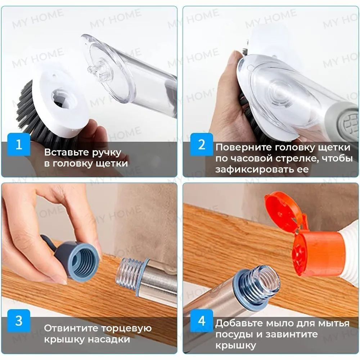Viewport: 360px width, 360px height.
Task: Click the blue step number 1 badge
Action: coord(19,145)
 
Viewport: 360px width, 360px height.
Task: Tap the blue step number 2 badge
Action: coord(202,145)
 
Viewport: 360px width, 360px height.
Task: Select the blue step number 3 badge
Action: coord(19,320)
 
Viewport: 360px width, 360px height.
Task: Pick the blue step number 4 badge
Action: coord(202,320)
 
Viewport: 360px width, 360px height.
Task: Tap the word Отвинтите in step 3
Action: coord(71,328)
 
